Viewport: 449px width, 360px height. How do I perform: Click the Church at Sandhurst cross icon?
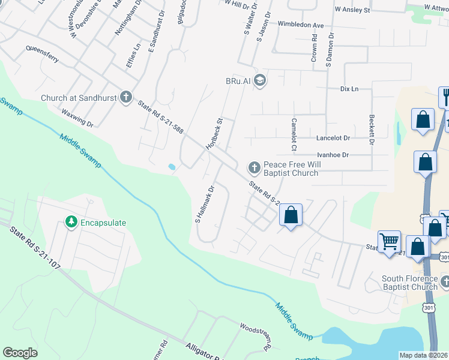click(x=125, y=97)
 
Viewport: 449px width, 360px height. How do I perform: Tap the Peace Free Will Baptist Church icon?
click(x=254, y=166)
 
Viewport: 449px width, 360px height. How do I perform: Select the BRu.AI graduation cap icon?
click(x=260, y=80)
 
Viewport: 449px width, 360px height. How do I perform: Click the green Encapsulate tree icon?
click(x=71, y=223)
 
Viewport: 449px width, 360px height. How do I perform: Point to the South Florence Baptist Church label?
click(x=411, y=283)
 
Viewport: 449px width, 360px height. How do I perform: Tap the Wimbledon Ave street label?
click(x=301, y=25)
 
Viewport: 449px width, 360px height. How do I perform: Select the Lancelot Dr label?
click(x=333, y=138)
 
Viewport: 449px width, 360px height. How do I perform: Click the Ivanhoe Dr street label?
click(x=333, y=155)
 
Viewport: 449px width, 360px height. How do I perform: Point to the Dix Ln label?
click(x=349, y=89)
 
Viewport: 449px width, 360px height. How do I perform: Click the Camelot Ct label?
click(x=294, y=134)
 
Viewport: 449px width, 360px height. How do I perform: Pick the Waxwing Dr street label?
click(x=77, y=118)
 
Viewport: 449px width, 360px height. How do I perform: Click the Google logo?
click(x=20, y=353)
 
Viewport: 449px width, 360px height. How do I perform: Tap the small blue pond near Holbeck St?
click(x=172, y=167)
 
